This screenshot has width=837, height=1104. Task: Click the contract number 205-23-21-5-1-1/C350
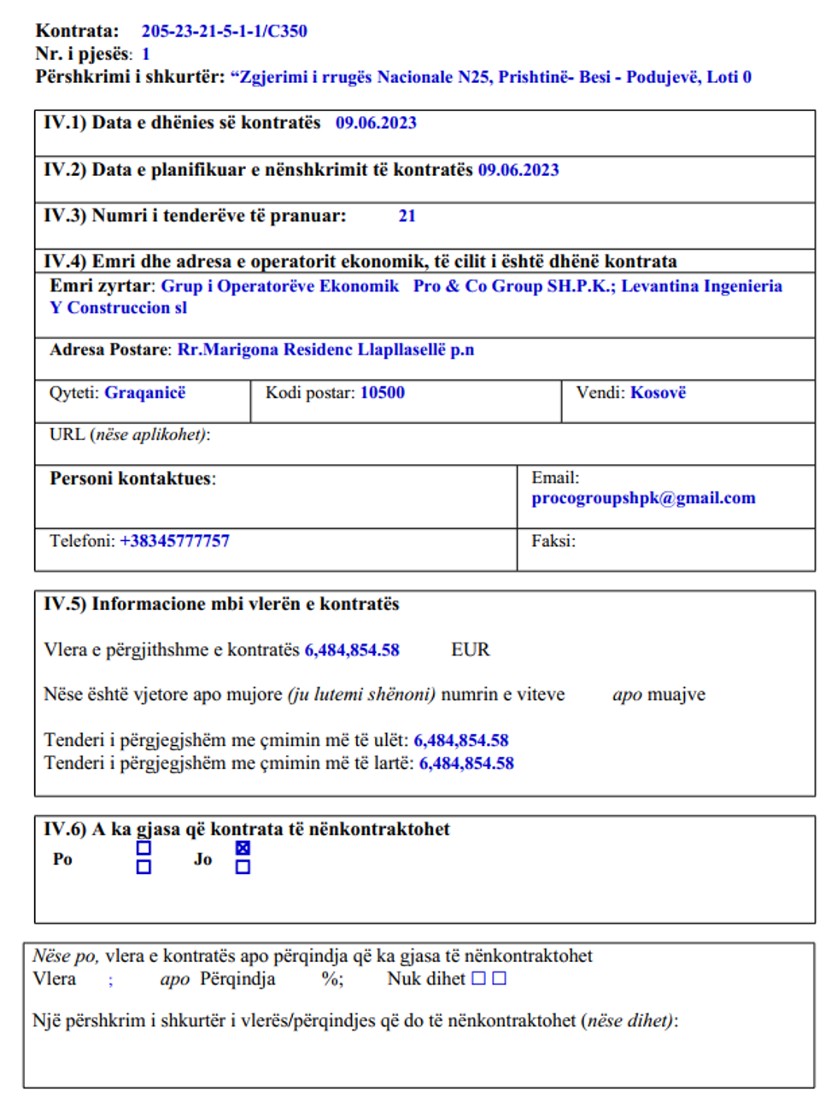(x=224, y=32)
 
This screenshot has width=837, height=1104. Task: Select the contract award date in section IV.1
(x=376, y=123)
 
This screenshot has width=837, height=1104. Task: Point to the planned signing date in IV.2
(x=518, y=170)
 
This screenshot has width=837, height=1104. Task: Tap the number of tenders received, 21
(x=407, y=216)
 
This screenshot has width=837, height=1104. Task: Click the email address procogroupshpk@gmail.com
(x=643, y=498)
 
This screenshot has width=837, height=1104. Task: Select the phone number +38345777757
(x=174, y=541)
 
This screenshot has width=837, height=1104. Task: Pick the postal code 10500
(x=382, y=393)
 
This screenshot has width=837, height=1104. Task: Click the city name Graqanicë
(x=144, y=393)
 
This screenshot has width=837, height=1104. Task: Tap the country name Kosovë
(x=658, y=393)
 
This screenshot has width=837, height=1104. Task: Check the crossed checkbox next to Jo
(x=243, y=849)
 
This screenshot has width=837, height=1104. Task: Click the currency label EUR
(x=471, y=650)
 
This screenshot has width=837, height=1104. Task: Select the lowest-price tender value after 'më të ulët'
(x=461, y=741)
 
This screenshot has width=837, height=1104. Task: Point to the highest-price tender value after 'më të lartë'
(x=466, y=764)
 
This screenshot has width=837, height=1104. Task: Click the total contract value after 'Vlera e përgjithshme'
(x=352, y=650)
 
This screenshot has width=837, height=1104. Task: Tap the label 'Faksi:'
(x=553, y=541)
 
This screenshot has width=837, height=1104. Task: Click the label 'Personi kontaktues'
(x=132, y=479)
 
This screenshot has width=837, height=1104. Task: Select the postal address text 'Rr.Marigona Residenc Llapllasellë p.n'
(x=325, y=350)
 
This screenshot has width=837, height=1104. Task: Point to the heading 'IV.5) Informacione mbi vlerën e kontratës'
(x=221, y=604)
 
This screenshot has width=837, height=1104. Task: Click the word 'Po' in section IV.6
(x=62, y=860)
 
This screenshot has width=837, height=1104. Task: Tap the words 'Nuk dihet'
(x=426, y=979)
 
